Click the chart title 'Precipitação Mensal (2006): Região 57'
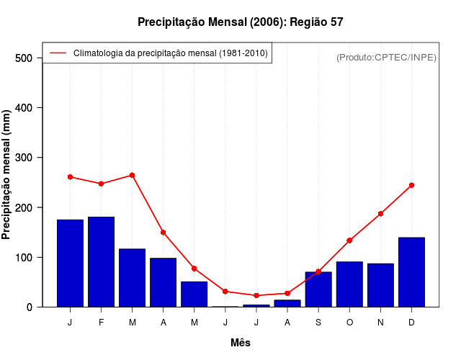click(x=240, y=22)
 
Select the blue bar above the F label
click(x=101, y=262)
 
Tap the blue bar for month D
click(x=411, y=272)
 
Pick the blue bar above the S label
click(x=318, y=289)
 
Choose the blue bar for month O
click(x=349, y=284)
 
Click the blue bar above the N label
click(x=380, y=285)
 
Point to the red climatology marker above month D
click(x=411, y=185)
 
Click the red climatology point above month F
click(x=101, y=184)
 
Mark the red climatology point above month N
click(x=380, y=214)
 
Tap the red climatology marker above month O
click(x=349, y=240)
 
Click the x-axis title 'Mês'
click(x=241, y=343)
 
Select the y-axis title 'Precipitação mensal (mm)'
click(x=7, y=175)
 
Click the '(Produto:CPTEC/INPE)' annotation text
click(x=386, y=58)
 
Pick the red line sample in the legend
click(x=58, y=53)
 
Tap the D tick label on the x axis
click(x=411, y=323)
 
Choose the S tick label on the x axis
click(x=318, y=323)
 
